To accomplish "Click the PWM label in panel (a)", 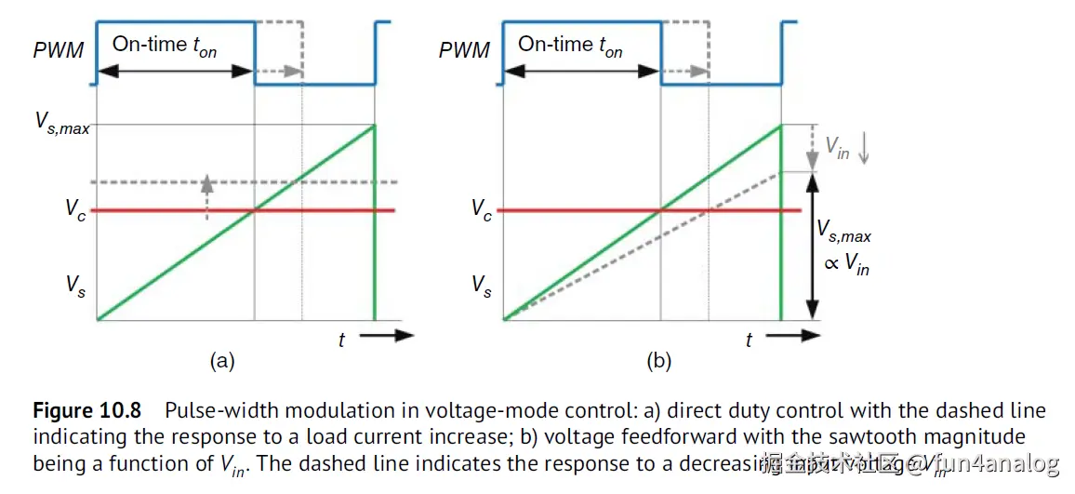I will (x=59, y=49).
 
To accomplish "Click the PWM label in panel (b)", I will (x=464, y=49).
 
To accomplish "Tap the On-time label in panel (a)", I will (x=164, y=45).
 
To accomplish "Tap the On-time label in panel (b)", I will (x=569, y=45).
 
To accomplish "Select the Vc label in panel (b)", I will (x=481, y=210).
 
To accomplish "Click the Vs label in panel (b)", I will (x=481, y=286).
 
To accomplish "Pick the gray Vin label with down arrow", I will (x=845, y=149).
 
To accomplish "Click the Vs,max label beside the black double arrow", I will (x=843, y=230).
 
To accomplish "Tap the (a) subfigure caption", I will (x=221, y=361).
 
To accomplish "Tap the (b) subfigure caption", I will (x=658, y=361).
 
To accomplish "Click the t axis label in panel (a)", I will (x=341, y=340).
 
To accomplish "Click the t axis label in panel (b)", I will (x=748, y=340).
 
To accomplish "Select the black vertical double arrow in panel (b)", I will (x=813, y=246).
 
